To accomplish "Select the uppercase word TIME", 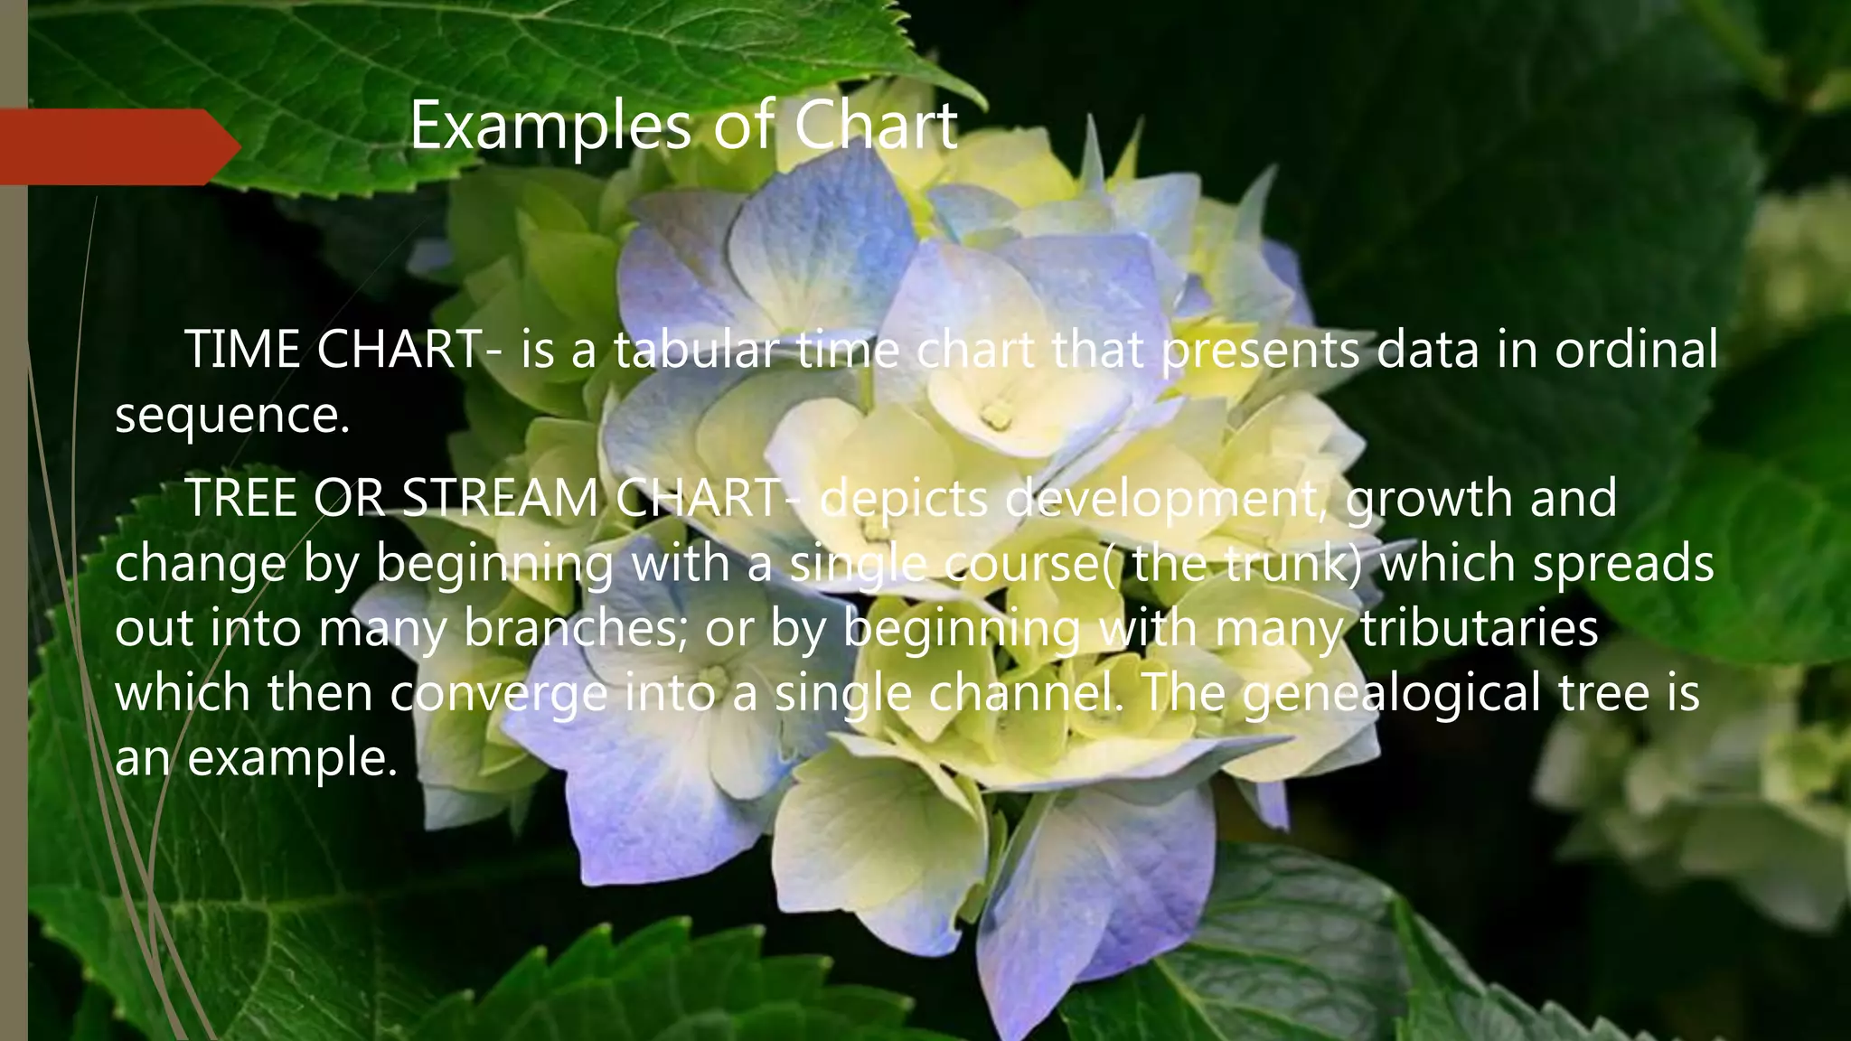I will pos(242,350).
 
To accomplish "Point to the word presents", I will pos(1260,350).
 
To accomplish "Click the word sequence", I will pos(231,416).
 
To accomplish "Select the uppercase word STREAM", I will pos(499,498).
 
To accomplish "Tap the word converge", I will pos(500,693).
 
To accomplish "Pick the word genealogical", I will pos(1392,693).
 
